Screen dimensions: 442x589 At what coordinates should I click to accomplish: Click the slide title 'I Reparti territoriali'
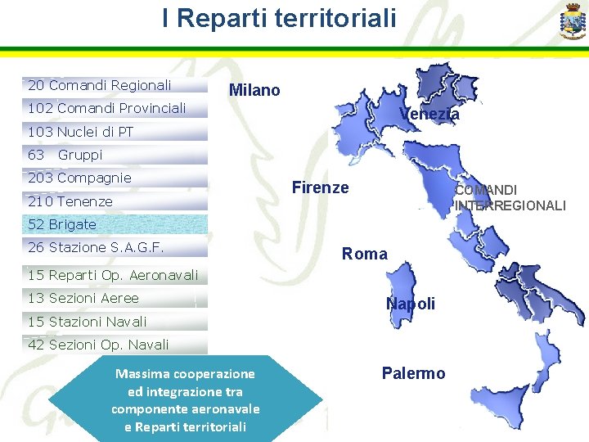coord(278,18)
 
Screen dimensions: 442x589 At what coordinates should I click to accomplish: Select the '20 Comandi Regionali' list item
coord(100,85)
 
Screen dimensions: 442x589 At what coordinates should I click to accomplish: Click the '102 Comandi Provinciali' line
coord(106,108)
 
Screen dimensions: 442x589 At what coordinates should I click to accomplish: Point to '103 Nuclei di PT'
coord(80,132)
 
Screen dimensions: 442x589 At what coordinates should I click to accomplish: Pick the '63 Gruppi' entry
coord(65,155)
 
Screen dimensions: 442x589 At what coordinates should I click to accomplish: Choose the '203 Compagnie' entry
coord(79,178)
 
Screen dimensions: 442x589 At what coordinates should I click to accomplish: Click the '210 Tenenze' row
coord(70,201)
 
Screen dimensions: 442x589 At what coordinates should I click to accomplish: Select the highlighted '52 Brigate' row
coord(62,224)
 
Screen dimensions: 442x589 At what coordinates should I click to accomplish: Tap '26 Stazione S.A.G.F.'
coord(96,247)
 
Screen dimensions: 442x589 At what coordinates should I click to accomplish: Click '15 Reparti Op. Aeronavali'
coord(112,275)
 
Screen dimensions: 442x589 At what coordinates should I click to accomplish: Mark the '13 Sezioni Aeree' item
coord(83,298)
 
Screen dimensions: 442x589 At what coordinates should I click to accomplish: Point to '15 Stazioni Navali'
coord(87,322)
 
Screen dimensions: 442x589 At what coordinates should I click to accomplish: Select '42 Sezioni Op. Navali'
coord(98,345)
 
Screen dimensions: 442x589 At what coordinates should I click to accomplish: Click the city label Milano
coord(254,90)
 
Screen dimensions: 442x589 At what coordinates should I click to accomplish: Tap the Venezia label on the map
coord(429,115)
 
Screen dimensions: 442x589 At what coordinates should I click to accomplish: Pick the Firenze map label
coord(320,187)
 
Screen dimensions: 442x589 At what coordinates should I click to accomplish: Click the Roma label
coord(365,254)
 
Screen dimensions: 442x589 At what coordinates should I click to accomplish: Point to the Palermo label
coord(413,373)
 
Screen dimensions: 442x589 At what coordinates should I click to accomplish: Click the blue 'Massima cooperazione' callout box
coord(186,399)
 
